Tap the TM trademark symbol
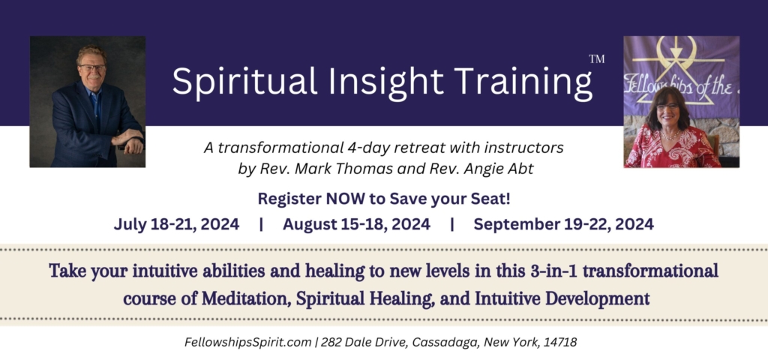click(597, 58)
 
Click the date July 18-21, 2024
click(177, 223)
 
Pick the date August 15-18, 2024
click(356, 223)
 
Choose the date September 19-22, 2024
click(563, 223)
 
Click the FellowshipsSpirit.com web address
click(248, 342)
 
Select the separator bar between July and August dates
click(260, 223)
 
